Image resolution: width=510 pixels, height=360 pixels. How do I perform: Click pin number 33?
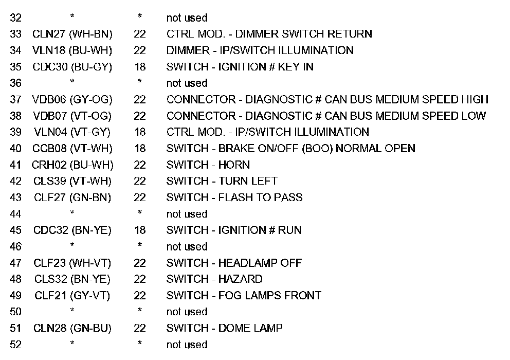15,34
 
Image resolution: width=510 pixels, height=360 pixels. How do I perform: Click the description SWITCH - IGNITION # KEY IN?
240,67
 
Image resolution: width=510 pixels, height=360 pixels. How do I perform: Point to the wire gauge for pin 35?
139,67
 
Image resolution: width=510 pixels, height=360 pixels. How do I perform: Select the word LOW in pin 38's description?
473,116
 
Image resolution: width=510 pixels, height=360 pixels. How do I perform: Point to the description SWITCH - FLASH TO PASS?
234,197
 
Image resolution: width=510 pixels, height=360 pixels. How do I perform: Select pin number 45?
15,230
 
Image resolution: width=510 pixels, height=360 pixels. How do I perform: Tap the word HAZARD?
240,279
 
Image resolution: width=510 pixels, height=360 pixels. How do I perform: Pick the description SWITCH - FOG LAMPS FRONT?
244,296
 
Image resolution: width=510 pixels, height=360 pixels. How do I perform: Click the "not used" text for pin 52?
187,345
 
